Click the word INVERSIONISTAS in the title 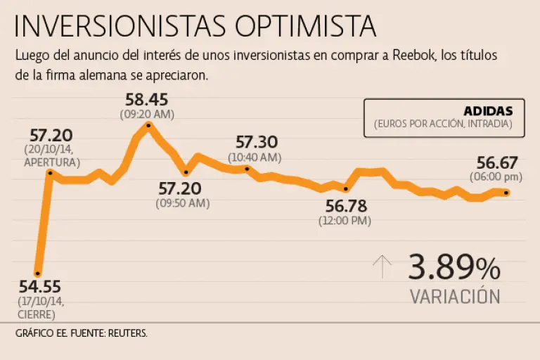coord(120,26)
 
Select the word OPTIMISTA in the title coord(306,26)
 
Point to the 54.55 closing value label coord(40,287)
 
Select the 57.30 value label coord(257,143)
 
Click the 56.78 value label coord(347,207)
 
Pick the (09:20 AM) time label coord(148,113)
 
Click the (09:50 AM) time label coord(183,202)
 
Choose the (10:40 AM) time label coord(255,157)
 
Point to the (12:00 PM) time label coord(345,220)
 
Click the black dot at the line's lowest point coord(38,274)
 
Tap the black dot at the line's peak coord(148,125)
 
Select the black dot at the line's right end coord(507,193)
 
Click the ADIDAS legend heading coord(488,110)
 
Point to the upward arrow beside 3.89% coord(382,267)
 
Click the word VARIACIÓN coord(455,296)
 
